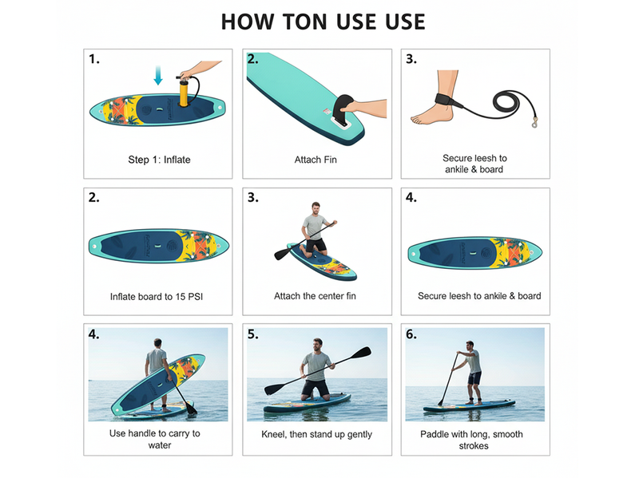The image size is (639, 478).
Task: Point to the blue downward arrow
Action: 158,76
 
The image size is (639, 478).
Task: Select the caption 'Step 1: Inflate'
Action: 159,160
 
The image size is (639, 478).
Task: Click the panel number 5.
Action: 253,334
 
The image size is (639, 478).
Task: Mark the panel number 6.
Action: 411,334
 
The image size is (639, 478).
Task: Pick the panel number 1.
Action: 94,59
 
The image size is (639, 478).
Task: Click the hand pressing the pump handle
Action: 193,71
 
